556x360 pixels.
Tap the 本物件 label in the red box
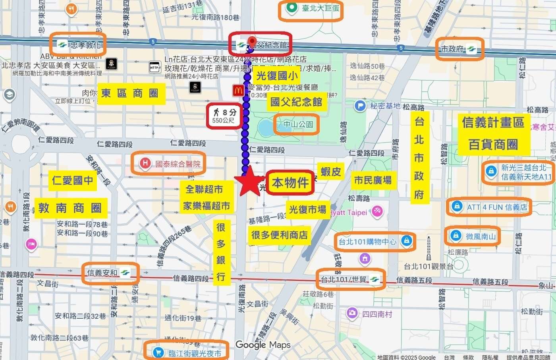point(290,183)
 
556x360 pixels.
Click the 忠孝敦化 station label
point(79,45)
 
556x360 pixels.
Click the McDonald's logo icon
point(238,90)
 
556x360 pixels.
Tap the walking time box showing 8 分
point(224,116)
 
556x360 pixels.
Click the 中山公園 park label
point(297,124)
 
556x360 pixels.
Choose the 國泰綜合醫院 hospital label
point(168,163)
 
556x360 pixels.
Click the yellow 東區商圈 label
point(131,94)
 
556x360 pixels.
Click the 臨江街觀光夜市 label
point(186,353)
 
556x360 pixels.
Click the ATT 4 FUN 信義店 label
point(489,207)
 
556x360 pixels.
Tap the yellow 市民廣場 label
point(373,180)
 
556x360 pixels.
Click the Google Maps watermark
point(263,345)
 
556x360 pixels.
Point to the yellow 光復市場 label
point(307,209)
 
